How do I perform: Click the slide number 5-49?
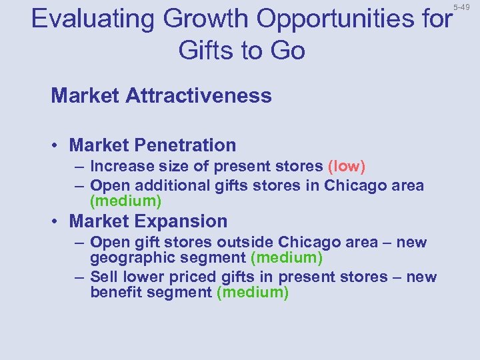coord(461,7)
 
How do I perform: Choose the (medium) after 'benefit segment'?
coord(253,293)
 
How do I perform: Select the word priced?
coord(193,277)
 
